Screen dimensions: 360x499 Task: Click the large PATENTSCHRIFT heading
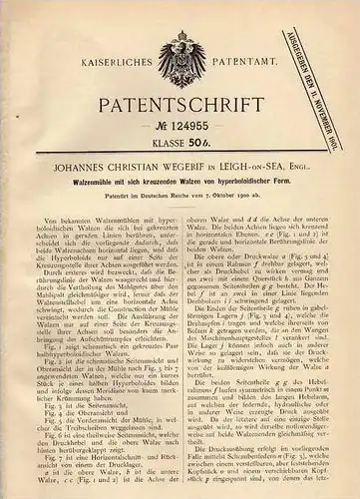[x=179, y=108]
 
